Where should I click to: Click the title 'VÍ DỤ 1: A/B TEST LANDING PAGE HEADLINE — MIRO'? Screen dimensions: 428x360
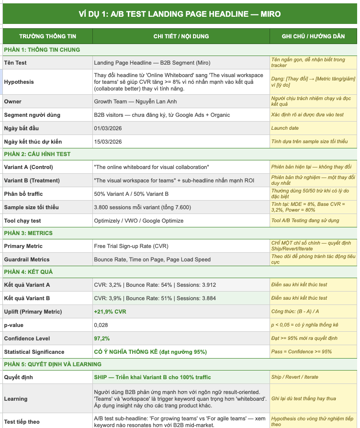(x=180, y=14)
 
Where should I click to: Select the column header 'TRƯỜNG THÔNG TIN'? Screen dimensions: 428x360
(x=47, y=36)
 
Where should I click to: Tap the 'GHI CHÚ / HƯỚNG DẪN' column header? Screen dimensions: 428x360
(x=313, y=36)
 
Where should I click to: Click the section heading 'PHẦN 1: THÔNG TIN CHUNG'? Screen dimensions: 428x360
(x=42, y=50)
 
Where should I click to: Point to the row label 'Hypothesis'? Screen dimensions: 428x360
(x=19, y=82)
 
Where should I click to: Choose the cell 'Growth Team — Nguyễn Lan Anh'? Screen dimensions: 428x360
(x=135, y=101)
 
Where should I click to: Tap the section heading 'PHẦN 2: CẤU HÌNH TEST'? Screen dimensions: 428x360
(x=37, y=154)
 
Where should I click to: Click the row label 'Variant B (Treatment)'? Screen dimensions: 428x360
(x=32, y=180)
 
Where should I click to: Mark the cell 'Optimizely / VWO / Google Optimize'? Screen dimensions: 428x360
(x=139, y=221)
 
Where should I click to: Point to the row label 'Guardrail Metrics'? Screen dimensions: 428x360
(x=27, y=259)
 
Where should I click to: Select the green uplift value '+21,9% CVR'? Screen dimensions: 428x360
(x=110, y=312)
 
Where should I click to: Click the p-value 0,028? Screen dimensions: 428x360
(x=101, y=325)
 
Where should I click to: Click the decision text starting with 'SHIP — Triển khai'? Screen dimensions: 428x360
(x=152, y=377)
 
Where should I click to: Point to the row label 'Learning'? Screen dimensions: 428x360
(x=16, y=399)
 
